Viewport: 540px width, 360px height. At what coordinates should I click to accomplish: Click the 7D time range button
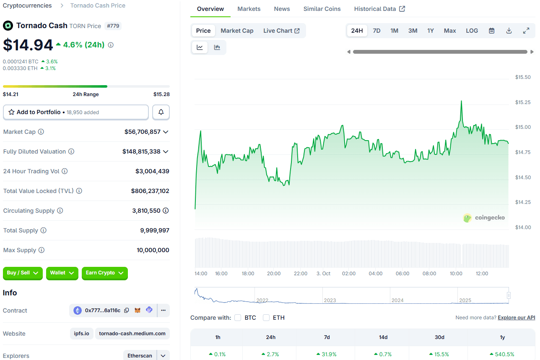coord(376,31)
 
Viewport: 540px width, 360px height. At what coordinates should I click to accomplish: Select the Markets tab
coord(249,9)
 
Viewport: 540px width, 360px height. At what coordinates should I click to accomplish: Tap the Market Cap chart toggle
coord(237,31)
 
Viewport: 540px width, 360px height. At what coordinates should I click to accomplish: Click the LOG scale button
coord(472,31)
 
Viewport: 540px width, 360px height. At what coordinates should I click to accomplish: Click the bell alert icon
coord(161,112)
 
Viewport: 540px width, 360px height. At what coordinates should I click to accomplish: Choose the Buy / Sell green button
coord(23,273)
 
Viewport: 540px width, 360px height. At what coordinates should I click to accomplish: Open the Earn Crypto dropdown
coord(104,273)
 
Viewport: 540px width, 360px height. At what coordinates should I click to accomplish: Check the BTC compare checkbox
coord(238,318)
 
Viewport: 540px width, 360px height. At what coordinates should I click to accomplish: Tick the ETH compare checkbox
coord(266,318)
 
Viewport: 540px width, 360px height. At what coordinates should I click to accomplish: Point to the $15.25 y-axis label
coord(523,102)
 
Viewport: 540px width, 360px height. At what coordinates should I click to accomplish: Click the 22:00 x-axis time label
coord(300,274)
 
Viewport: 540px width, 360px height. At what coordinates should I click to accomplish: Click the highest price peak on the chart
coord(461,101)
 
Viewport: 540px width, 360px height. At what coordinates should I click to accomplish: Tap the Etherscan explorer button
coord(140,356)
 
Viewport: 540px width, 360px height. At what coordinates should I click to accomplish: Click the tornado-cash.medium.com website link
coord(132,334)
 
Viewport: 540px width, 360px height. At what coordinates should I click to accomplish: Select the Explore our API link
coord(516,318)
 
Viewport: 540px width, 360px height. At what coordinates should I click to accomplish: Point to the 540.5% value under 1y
coord(502,354)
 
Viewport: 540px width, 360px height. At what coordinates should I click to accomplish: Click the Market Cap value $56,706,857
coord(143,132)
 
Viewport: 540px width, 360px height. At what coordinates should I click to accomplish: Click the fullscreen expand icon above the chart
coord(526,31)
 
